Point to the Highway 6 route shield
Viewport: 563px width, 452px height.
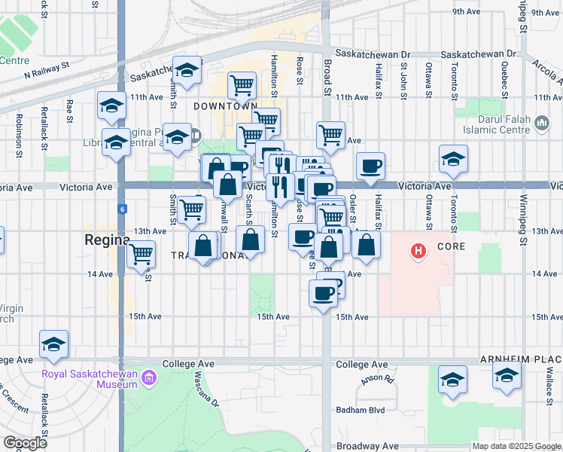[x=121, y=208]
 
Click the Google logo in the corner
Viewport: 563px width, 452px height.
[x=25, y=442]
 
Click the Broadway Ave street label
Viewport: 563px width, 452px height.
[x=369, y=446]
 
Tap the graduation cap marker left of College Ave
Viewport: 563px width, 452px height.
[x=53, y=344]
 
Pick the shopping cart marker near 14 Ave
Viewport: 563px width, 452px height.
[x=141, y=255]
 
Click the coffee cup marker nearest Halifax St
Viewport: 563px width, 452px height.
[x=370, y=166]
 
